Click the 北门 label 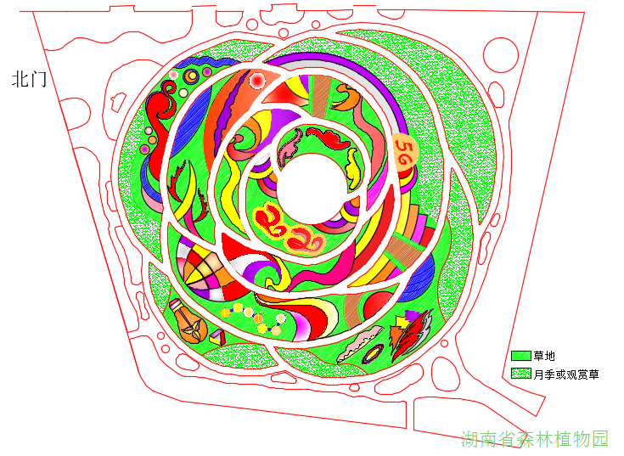[29, 79]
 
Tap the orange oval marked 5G [404, 153]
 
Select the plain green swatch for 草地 [521, 355]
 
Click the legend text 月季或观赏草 [566, 374]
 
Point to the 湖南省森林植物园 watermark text [535, 439]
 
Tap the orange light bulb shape [188, 321]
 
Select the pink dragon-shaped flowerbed [290, 147]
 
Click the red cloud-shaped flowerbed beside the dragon [329, 138]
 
